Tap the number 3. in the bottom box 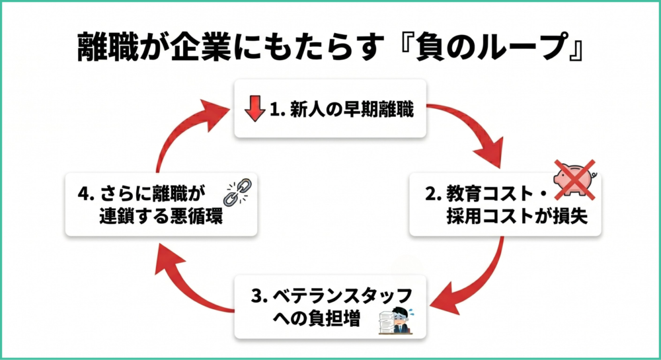tap(260, 295)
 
